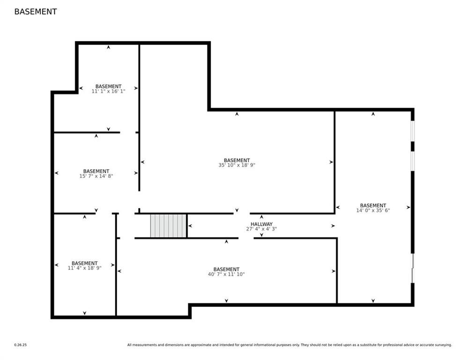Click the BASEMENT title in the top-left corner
pyautogui.click(x=36, y=12)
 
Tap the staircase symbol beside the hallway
pyautogui.click(x=168, y=226)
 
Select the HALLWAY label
pyautogui.click(x=261, y=224)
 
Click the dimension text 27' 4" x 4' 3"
pyautogui.click(x=261, y=229)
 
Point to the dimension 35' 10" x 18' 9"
pyautogui.click(x=237, y=165)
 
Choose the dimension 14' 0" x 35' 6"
pyautogui.click(x=373, y=210)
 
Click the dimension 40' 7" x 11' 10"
pyautogui.click(x=226, y=274)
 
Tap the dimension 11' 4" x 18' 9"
pyautogui.click(x=84, y=268)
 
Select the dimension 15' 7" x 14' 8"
pyautogui.click(x=96, y=176)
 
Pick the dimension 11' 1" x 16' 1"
pyautogui.click(x=108, y=91)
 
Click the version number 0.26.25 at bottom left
pyautogui.click(x=20, y=345)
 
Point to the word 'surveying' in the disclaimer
pyautogui.click(x=443, y=345)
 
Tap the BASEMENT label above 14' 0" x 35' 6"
pyautogui.click(x=373, y=205)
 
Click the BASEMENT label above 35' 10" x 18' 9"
pyautogui.click(x=237, y=160)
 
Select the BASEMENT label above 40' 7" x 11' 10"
pyautogui.click(x=226, y=269)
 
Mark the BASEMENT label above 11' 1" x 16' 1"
pyautogui.click(x=108, y=86)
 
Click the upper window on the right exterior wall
pyautogui.click(x=413, y=131)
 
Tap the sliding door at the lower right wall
pyautogui.click(x=413, y=268)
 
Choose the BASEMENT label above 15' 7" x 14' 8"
pyautogui.click(x=96, y=171)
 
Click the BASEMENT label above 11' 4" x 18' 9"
pyautogui.click(x=84, y=263)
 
